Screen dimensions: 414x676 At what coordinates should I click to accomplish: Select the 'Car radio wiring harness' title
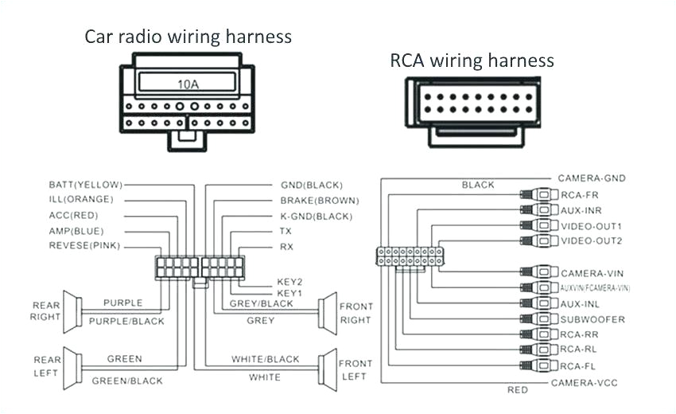click(188, 37)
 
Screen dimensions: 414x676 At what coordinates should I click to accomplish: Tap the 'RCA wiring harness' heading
click(472, 61)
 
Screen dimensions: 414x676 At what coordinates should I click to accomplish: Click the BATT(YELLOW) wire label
click(80, 185)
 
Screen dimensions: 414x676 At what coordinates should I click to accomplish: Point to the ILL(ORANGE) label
click(80, 200)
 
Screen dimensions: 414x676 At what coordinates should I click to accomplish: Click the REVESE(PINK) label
click(84, 246)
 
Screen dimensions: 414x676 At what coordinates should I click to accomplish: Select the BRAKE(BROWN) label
click(319, 201)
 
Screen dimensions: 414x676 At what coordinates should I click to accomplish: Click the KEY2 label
click(289, 282)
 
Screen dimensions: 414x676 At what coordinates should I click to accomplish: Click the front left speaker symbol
click(326, 369)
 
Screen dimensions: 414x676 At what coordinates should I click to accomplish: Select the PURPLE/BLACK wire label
click(126, 322)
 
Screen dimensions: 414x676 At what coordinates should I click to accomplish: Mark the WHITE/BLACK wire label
click(265, 360)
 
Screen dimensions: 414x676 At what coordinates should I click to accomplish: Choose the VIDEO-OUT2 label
click(591, 240)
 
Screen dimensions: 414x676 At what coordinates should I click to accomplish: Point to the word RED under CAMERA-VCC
click(518, 391)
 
